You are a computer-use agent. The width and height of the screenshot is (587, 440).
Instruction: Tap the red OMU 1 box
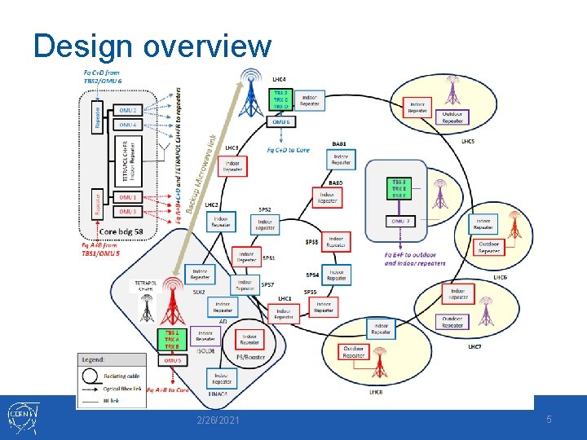tap(129, 197)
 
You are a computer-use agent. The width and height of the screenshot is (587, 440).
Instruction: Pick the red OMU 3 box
tap(129, 212)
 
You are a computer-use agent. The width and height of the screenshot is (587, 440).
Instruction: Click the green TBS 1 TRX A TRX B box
tap(172, 340)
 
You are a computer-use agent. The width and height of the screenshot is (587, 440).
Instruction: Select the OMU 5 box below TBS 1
tap(173, 360)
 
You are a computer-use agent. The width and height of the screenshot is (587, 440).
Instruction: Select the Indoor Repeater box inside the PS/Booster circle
tap(249, 339)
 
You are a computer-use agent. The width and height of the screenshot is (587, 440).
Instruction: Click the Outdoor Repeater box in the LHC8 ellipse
tap(355, 351)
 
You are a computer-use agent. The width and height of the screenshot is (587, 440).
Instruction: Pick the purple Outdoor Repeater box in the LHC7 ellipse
tap(452, 322)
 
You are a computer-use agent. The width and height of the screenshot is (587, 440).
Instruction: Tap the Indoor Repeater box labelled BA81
tap(341, 160)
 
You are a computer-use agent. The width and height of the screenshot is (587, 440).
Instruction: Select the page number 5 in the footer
tap(549, 419)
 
